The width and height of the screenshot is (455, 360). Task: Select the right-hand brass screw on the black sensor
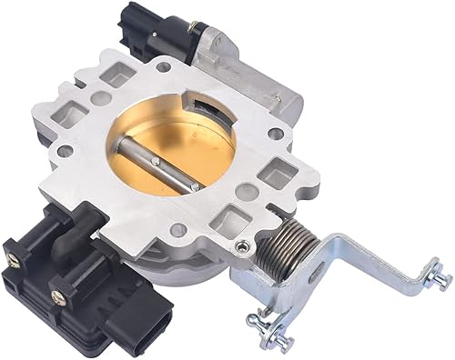(x=59, y=295)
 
